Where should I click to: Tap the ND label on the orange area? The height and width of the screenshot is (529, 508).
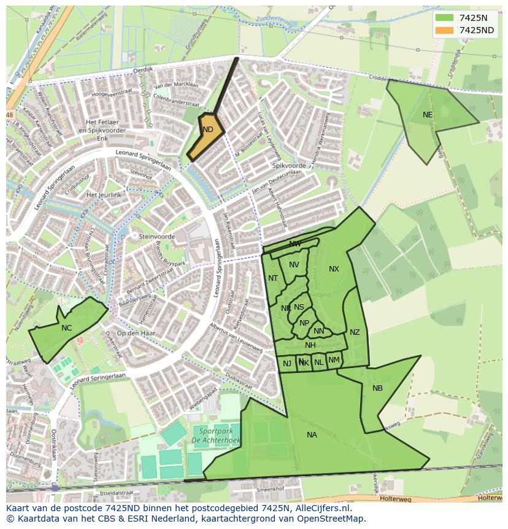tap(208, 130)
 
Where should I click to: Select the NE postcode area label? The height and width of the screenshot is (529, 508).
tap(428, 115)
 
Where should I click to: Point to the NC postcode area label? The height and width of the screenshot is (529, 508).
tap(66, 328)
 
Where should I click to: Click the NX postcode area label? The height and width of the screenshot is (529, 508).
tap(334, 269)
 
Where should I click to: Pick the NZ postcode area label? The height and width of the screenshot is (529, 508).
tap(355, 332)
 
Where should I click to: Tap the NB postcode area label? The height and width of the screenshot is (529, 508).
tap(377, 388)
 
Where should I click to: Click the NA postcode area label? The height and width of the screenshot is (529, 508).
tap(312, 435)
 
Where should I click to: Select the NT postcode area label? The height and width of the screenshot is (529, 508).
tap(273, 278)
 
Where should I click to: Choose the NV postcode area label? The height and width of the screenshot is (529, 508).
tap(294, 265)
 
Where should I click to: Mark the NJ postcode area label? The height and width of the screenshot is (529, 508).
tap(287, 364)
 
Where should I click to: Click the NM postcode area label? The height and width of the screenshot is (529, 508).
tap(334, 360)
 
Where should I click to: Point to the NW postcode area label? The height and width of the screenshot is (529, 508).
tap(295, 244)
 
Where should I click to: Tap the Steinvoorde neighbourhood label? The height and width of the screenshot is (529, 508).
tap(157, 237)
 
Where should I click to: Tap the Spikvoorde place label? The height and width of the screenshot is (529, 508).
tap(288, 166)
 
